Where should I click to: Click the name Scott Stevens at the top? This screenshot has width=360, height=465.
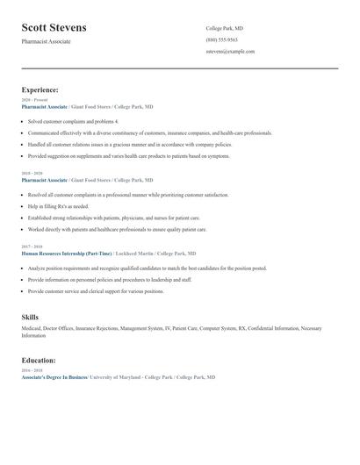[54, 28]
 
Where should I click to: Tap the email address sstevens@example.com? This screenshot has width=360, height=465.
[230, 51]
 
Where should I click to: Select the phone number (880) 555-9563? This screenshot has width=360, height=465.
[222, 39]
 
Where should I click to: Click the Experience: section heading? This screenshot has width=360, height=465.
[40, 89]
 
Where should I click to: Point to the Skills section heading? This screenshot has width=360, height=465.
[30, 317]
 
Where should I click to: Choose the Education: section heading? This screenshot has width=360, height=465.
[39, 360]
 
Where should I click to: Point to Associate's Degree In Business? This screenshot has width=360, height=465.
[54, 376]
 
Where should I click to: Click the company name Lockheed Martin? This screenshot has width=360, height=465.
[131, 253]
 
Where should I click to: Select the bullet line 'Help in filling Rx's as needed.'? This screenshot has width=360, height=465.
[58, 206]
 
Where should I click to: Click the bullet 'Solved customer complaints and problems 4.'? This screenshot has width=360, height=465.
[73, 121]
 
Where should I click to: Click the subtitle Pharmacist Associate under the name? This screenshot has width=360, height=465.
[47, 41]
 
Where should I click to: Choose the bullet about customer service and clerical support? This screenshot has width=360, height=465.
[96, 290]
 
